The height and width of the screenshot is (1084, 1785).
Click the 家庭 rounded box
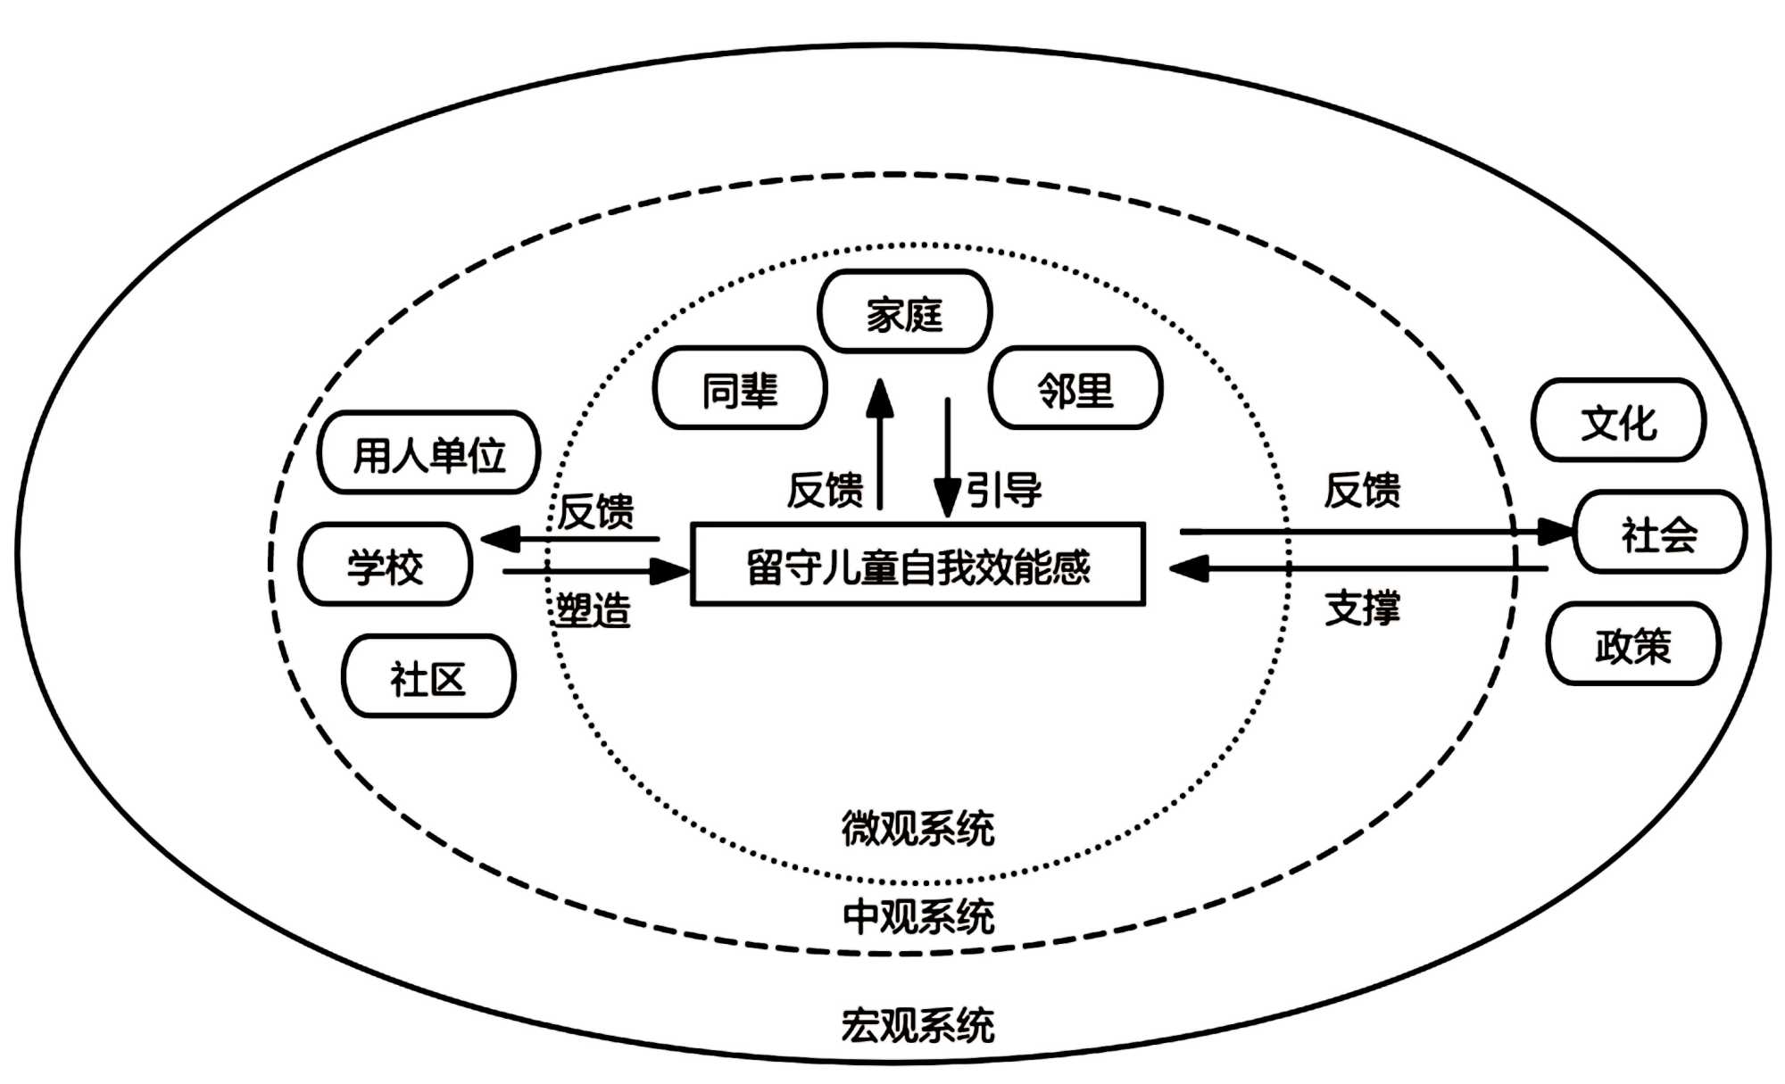[x=904, y=312]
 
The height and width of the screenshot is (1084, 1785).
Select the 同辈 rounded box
[x=740, y=389]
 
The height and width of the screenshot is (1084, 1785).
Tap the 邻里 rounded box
[x=1075, y=389]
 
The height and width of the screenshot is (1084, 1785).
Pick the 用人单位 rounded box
[x=429, y=453]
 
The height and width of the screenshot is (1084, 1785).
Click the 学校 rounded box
[x=385, y=565]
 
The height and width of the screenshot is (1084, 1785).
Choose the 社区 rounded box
[x=428, y=677]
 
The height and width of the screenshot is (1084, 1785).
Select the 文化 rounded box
[x=1618, y=421]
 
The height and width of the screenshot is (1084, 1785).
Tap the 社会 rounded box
[x=1658, y=533]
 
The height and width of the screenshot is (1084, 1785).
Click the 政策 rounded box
[x=1632, y=644]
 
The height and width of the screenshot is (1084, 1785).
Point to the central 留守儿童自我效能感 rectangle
[x=917, y=565]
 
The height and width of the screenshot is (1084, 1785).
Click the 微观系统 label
[x=917, y=827]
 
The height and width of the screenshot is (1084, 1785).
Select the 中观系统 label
[x=917, y=915]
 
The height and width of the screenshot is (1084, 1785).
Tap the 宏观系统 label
[x=917, y=1024]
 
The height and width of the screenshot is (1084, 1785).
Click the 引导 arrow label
[x=1004, y=490]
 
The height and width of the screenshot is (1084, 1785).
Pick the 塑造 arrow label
[x=594, y=610]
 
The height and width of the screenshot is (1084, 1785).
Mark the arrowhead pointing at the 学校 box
[x=501, y=539]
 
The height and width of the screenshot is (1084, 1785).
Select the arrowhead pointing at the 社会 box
[x=1555, y=533]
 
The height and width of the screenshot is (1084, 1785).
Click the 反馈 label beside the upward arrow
[x=825, y=490]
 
